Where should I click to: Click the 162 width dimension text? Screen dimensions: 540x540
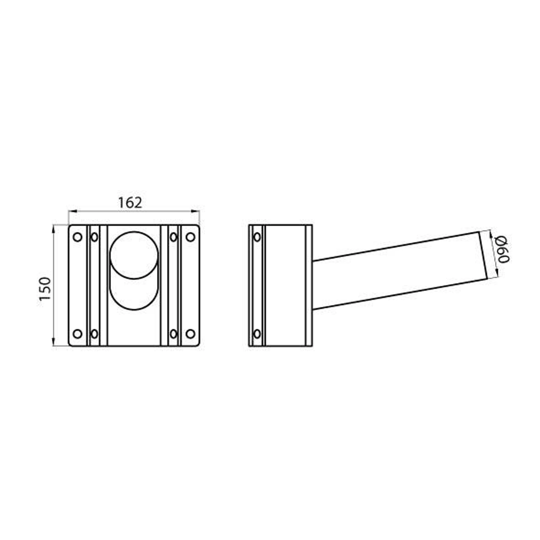click(130, 203)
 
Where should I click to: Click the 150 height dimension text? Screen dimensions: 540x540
click(45, 289)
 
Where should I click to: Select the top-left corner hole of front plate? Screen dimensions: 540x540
click(78, 237)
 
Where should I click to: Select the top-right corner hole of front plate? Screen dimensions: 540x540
click(191, 237)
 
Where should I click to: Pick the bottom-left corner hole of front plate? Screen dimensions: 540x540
click(78, 334)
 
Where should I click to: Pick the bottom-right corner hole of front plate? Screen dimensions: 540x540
click(191, 334)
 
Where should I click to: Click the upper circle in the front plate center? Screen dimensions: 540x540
click(134, 255)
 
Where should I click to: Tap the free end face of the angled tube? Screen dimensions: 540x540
click(483, 255)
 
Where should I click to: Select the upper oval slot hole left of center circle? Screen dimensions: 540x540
click(95, 237)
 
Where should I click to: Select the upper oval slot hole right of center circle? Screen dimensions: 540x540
click(174, 237)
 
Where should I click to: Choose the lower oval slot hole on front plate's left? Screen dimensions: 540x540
click(95, 334)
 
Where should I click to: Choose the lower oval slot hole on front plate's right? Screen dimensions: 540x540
click(174, 334)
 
